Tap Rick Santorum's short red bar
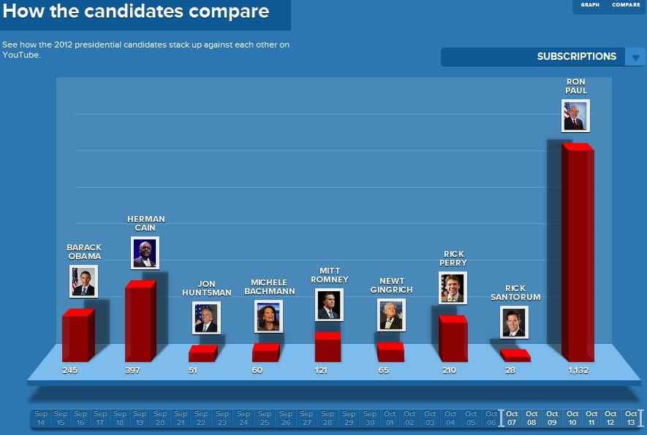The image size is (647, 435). point(515,355)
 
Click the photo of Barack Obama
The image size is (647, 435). point(83,281)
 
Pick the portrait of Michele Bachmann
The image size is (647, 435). point(268,316)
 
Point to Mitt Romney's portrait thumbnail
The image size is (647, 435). point(329,304)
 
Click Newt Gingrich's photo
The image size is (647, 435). point(391,315)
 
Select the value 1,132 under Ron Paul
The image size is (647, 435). point(578,371)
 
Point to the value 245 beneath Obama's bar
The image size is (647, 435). point(69,371)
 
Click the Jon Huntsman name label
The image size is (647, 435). point(206,288)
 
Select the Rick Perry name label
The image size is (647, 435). point(453,258)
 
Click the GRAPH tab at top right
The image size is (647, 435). point(590,5)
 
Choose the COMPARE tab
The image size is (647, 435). point(626,5)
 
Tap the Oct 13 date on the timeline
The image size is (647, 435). point(631,418)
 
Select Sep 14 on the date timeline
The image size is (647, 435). point(40,418)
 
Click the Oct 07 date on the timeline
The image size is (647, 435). point(511,418)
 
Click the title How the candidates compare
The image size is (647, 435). point(137,12)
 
